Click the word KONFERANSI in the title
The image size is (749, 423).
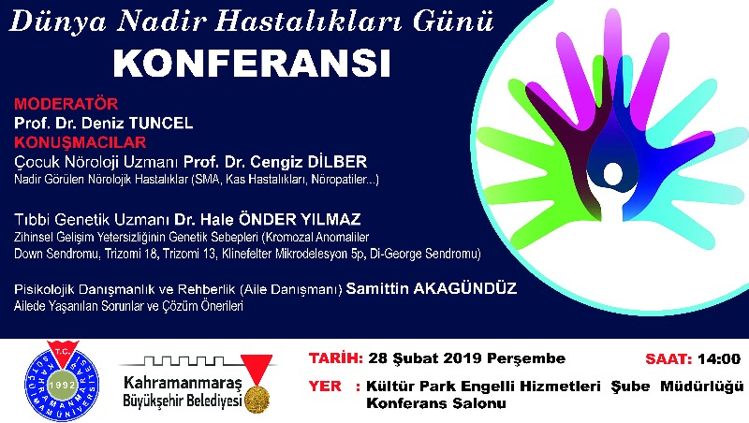click(x=252, y=63)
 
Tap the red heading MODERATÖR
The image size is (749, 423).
click(x=66, y=104)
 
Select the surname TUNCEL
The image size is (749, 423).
click(x=161, y=124)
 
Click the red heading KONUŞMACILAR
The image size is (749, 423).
click(x=81, y=142)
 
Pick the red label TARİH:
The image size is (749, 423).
click(x=336, y=358)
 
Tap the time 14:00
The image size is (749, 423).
click(x=719, y=358)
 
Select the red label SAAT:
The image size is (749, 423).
click(x=668, y=358)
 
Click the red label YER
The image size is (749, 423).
click(x=325, y=386)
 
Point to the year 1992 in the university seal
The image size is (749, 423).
click(x=62, y=385)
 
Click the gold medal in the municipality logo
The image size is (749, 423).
click(x=257, y=399)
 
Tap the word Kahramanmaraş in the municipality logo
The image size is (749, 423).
click(x=183, y=383)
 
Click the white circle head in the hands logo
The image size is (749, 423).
click(x=613, y=174)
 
